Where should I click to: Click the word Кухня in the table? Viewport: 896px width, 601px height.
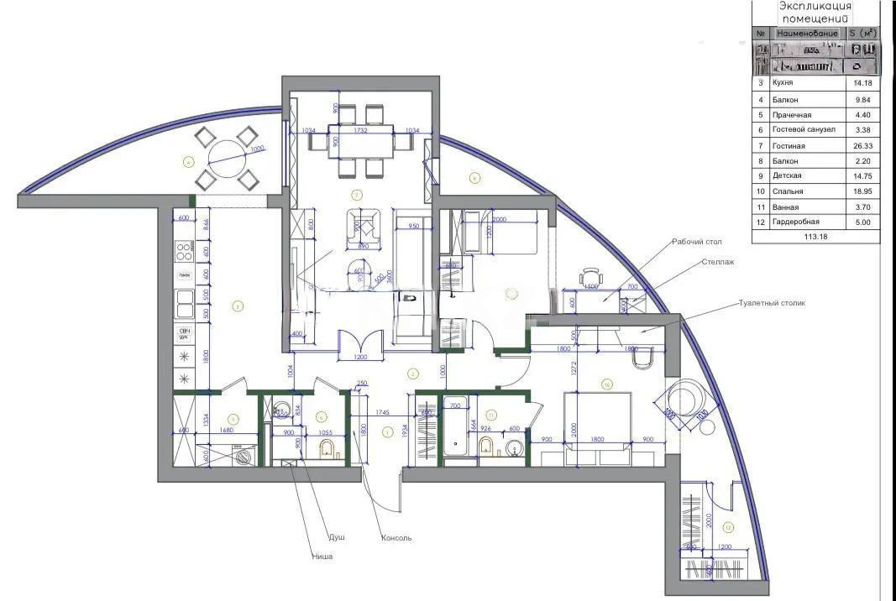(x=783, y=83)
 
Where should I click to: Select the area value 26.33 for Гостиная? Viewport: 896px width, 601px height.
(x=862, y=145)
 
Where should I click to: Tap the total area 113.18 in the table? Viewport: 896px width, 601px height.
(x=815, y=237)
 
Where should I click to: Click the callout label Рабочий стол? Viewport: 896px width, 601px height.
(x=696, y=242)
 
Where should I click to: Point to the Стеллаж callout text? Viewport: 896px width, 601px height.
(x=718, y=262)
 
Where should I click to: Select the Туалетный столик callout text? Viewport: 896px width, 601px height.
(x=772, y=302)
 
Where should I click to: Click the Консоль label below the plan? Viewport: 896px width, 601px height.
(x=396, y=538)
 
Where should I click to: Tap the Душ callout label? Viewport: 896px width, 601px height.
(x=336, y=537)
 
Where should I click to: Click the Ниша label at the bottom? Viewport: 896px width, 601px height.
(x=322, y=557)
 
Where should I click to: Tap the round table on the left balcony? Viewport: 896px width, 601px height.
(x=225, y=156)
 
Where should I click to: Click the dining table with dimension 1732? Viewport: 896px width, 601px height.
(x=361, y=143)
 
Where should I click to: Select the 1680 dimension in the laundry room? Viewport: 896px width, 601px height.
(x=225, y=431)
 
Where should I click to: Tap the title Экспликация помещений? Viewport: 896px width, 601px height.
(x=815, y=12)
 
